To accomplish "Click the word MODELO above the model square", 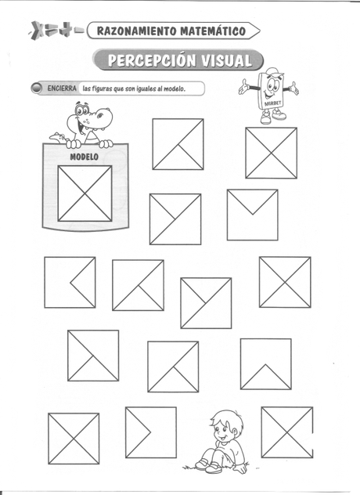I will (x=84, y=157).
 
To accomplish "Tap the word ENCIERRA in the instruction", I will (x=63, y=89).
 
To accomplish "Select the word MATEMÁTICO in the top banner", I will (x=212, y=31).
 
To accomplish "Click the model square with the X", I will (x=85, y=193).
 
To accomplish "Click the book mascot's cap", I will (x=272, y=72).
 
